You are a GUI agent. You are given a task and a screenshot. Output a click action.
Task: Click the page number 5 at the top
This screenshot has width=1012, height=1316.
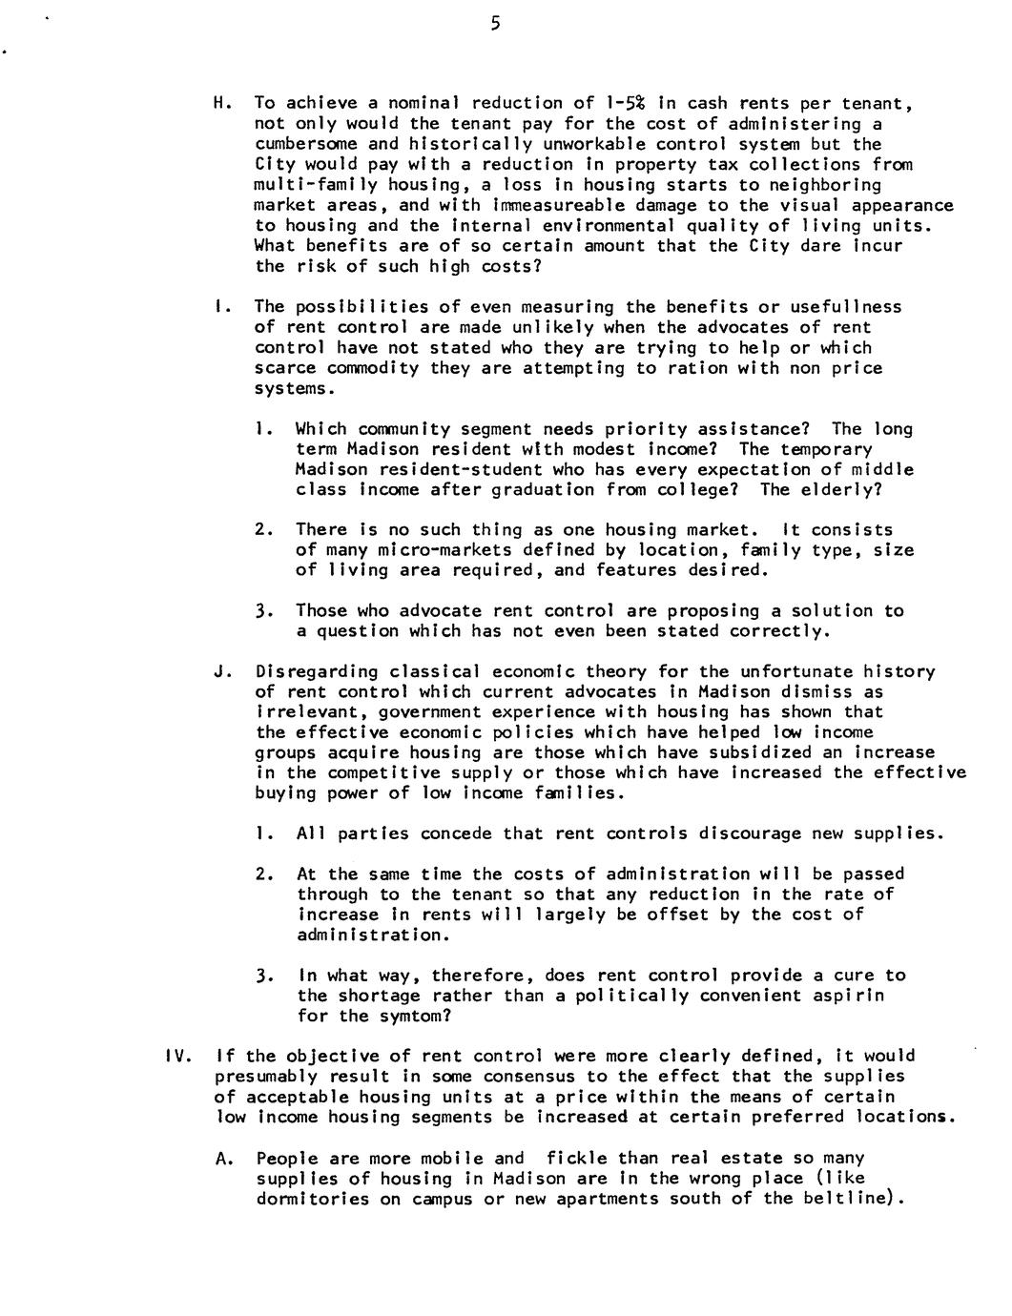point(495,24)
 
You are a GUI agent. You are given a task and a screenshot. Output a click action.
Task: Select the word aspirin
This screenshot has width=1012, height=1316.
point(848,996)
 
